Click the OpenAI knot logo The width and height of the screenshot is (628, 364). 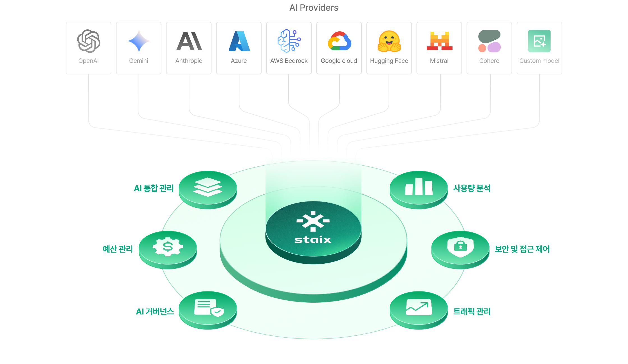(89, 41)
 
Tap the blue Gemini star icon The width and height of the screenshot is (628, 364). (139, 41)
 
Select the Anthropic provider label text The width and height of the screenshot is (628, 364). (189, 61)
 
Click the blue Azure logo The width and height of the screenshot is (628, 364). (239, 41)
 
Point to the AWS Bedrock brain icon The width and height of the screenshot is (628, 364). (289, 41)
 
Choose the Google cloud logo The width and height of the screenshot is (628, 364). (339, 41)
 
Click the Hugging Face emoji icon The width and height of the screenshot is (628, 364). (389, 41)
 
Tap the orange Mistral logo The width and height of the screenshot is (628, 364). (439, 41)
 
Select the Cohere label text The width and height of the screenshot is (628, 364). (489, 61)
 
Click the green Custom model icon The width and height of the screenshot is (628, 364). (539, 41)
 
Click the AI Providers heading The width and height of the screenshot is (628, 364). (314, 8)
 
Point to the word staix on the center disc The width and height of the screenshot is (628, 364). (313, 240)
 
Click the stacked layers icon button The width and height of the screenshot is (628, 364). (208, 187)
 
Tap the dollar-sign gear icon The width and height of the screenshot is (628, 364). (168, 247)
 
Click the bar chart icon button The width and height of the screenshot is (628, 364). (419, 187)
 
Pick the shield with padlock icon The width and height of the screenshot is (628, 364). (460, 247)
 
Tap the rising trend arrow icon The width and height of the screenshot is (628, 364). (419, 307)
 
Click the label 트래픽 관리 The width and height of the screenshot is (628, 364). (472, 312)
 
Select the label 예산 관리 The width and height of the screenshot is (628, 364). (118, 249)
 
